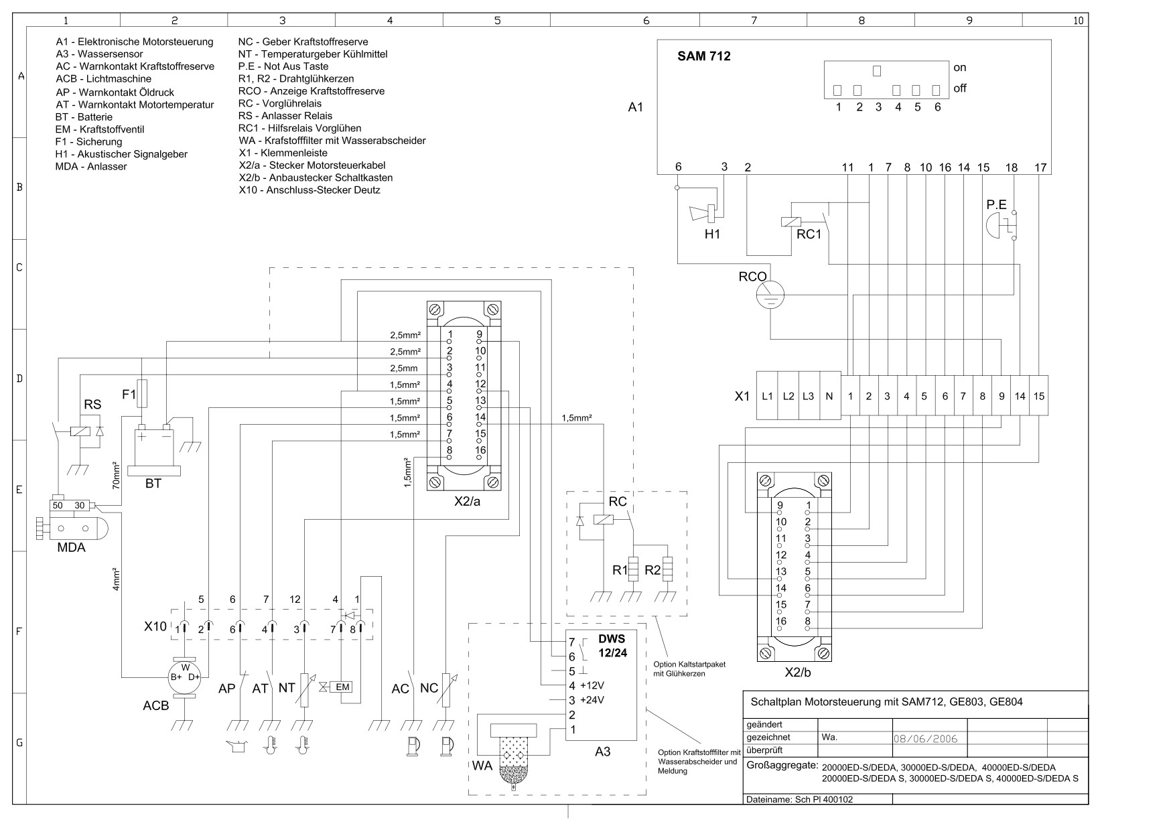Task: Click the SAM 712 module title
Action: pyautogui.click(x=704, y=56)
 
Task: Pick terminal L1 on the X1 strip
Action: pyautogui.click(x=767, y=396)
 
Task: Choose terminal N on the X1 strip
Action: pyautogui.click(x=829, y=396)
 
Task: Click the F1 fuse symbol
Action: pyautogui.click(x=142, y=394)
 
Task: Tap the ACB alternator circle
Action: pyautogui.click(x=185, y=677)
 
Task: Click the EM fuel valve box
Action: pyautogui.click(x=342, y=687)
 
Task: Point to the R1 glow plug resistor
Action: pyautogui.click(x=632, y=570)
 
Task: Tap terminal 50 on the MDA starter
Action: pyautogui.click(x=58, y=505)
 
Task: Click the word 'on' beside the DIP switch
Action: pyautogui.click(x=959, y=68)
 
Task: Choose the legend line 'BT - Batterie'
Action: pyautogui.click(x=84, y=117)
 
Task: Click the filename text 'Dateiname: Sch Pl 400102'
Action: pyautogui.click(x=799, y=799)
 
